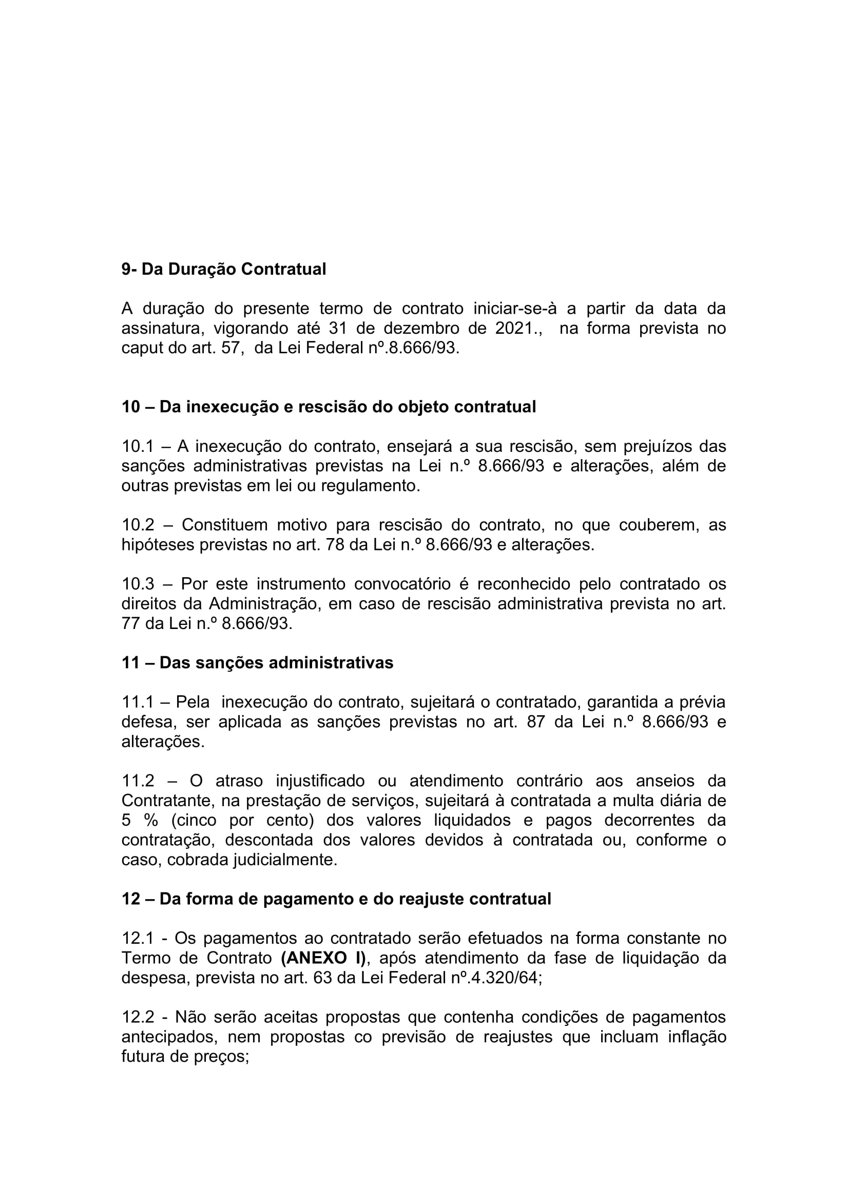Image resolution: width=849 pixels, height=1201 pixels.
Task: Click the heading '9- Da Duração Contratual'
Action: [224, 270]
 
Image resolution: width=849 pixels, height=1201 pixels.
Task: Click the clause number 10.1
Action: [138, 446]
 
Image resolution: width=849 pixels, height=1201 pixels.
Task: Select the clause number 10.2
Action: [138, 525]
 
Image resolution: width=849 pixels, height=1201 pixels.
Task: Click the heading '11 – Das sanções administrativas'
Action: [257, 663]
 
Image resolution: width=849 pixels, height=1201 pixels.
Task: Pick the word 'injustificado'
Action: [320, 781]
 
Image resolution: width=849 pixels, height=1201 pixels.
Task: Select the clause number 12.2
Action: [138, 1017]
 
